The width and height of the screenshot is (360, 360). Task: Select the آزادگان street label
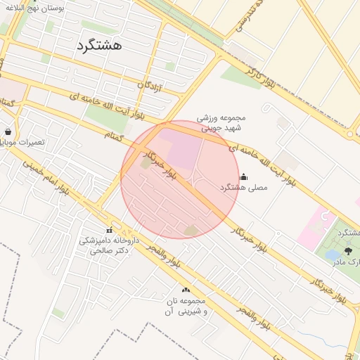(x=150, y=86)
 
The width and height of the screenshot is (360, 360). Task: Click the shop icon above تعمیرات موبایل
(x=8, y=131)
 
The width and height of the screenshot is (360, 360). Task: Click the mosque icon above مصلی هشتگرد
(x=244, y=176)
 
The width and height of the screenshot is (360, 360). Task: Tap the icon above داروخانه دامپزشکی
(x=109, y=231)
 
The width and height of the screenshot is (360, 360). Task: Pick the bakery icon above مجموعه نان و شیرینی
(x=186, y=290)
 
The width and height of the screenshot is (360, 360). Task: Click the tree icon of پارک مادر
(x=349, y=251)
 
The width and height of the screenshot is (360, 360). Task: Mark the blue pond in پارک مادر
(x=333, y=256)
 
